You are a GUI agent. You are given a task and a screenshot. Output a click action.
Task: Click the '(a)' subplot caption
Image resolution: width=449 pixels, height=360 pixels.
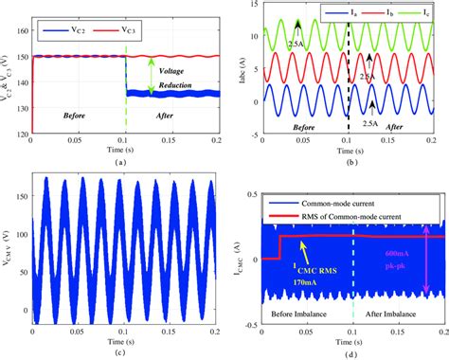pyautogui.click(x=118, y=161)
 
